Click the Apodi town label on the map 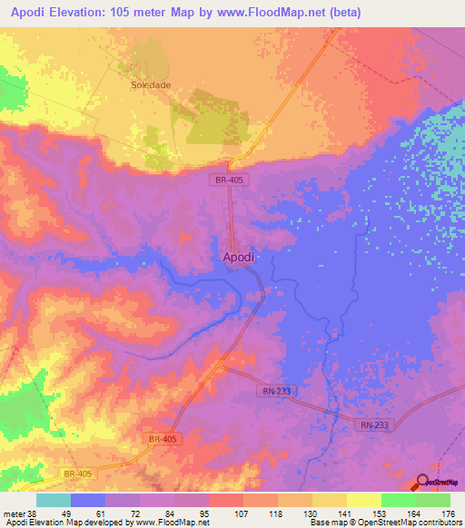[239, 257]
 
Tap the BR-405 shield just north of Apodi [231, 180]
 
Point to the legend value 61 [106, 513]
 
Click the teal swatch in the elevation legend [54, 500]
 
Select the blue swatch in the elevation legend [88, 500]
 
